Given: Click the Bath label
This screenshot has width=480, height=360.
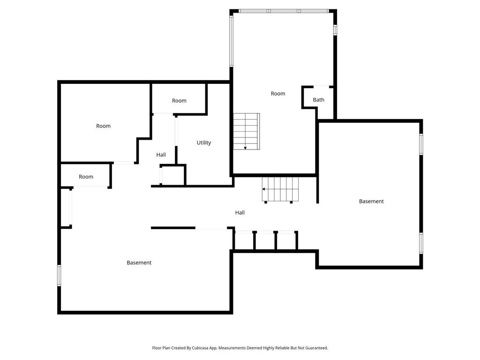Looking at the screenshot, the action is (318, 100).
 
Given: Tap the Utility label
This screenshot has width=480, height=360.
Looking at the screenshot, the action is (203, 142).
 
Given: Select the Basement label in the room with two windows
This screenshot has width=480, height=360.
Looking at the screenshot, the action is (371, 201).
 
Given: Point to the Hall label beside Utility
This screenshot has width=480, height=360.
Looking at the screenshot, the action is (161, 155).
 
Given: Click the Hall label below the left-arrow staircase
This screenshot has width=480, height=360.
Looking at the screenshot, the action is (240, 212).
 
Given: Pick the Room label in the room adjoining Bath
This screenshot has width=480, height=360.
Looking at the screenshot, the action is (278, 94).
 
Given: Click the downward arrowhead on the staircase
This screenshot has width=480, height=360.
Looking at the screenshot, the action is (245, 148).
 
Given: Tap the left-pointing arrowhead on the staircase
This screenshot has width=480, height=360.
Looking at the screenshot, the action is (263, 189).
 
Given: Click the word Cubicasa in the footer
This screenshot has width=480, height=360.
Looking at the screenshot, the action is (200, 348).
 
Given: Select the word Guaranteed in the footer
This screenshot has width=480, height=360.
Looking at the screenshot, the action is (317, 348).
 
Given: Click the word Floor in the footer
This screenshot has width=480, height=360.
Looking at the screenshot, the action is (157, 348).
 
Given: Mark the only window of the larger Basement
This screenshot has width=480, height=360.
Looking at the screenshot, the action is (59, 276).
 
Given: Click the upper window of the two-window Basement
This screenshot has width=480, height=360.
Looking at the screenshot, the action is (421, 144).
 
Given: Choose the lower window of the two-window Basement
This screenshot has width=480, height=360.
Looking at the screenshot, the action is (421, 243).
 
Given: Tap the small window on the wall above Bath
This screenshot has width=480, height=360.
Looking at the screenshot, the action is (335, 30).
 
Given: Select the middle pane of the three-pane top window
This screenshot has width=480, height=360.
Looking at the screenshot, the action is (284, 11).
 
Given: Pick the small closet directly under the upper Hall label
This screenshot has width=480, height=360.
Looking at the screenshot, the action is (172, 175).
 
